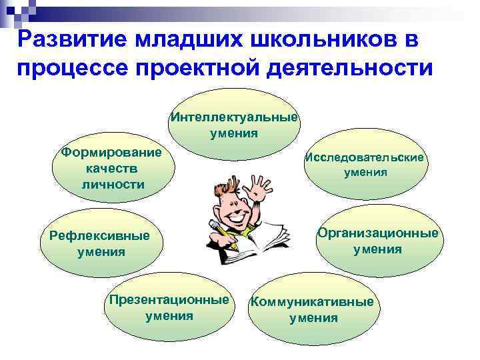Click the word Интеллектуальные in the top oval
point(233,117)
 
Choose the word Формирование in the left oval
point(111,153)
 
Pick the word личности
point(113,183)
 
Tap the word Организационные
point(377,233)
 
